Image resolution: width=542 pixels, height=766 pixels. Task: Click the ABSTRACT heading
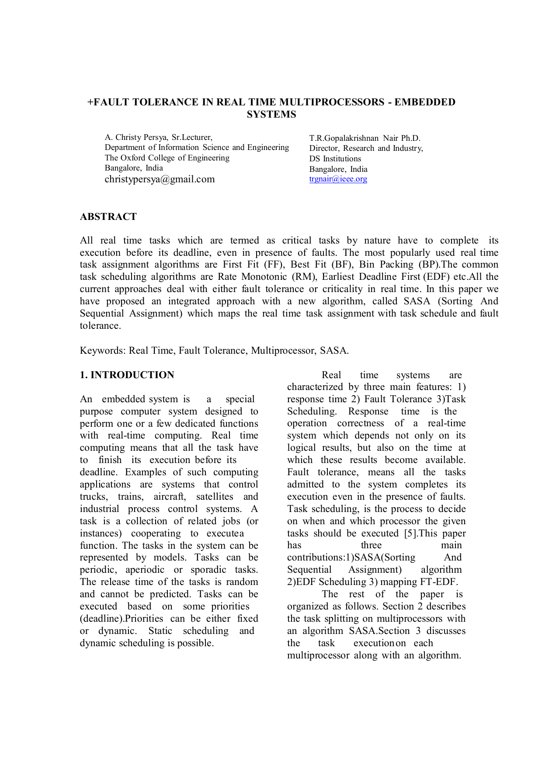click(x=108, y=217)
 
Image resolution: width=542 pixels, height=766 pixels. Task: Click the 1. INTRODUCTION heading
click(x=127, y=375)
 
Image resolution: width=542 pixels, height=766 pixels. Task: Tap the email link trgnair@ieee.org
click(x=338, y=179)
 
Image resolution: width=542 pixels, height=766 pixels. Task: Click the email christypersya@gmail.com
click(x=160, y=179)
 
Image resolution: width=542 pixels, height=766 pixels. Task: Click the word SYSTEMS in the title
click(x=271, y=115)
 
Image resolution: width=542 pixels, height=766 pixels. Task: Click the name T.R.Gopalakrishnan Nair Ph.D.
click(x=365, y=138)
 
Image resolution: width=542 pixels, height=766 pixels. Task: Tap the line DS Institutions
click(x=335, y=159)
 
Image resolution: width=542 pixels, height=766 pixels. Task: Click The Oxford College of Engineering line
click(x=167, y=158)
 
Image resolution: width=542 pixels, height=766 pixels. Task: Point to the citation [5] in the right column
click(x=411, y=533)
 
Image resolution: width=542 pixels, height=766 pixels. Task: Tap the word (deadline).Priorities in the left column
click(x=122, y=619)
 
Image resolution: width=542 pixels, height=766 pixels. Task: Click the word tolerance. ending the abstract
click(x=100, y=326)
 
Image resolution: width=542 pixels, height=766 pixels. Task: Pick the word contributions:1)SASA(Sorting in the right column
click(x=351, y=557)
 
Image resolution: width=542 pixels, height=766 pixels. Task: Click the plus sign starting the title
click(x=90, y=102)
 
